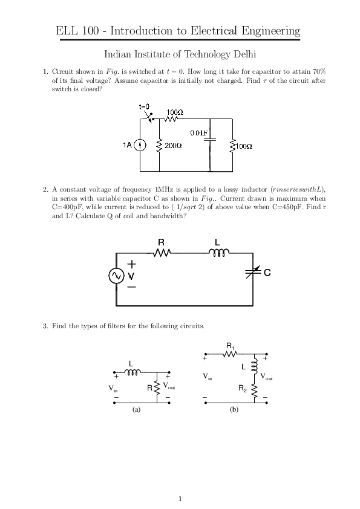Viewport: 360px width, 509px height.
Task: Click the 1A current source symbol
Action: coord(140,146)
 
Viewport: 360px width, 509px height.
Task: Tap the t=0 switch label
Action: coord(144,106)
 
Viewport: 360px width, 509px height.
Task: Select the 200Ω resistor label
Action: coord(173,146)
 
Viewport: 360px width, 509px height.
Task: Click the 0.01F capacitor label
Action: coord(198,133)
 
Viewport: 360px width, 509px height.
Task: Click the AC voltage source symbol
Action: coord(116,276)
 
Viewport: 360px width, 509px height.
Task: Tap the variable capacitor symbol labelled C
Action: coord(253,273)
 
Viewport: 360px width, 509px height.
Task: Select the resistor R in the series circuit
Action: coord(162,253)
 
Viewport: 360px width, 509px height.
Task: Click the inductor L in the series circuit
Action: coord(218,252)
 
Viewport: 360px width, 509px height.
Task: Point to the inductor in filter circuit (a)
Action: coord(133,371)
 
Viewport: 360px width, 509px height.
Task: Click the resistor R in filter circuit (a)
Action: coord(157,387)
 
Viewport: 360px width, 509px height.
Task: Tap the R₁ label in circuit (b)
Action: coord(231,345)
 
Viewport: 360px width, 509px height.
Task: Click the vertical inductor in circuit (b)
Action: coord(255,366)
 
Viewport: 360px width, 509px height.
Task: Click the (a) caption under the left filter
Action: coord(137,410)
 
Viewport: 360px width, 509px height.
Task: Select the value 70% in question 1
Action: coord(319,71)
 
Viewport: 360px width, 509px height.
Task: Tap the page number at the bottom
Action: coord(180,499)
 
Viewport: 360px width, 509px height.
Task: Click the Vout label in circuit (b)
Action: coord(266,377)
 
